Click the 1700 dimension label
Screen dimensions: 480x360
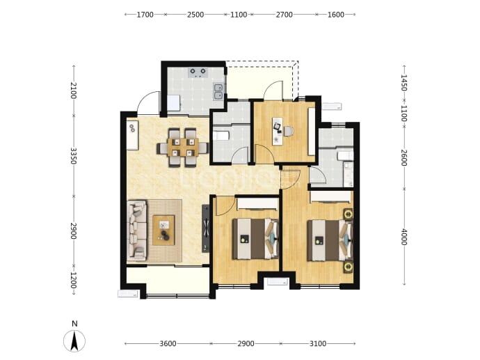click(145, 15)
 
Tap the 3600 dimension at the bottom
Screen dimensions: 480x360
click(168, 343)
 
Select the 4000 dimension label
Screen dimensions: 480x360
click(404, 237)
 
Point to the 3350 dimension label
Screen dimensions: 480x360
click(74, 156)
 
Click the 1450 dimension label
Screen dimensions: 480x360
click(404, 83)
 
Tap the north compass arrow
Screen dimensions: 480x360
click(74, 341)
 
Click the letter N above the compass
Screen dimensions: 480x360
click(74, 324)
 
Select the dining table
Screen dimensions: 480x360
click(183, 148)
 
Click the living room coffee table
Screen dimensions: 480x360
click(163, 230)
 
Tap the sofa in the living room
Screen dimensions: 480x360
click(137, 230)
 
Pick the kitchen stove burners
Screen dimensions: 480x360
click(198, 72)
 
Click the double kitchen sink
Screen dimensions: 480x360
click(218, 92)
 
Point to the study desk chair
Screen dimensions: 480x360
click(289, 132)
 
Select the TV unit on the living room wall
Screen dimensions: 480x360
click(206, 228)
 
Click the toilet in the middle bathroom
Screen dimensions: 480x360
click(221, 135)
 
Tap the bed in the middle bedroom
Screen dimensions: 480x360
click(255, 239)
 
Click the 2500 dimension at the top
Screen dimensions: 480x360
click(195, 15)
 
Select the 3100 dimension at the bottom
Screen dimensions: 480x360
click(318, 343)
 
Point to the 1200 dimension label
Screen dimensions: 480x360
click(74, 281)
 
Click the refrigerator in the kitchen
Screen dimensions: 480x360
click(174, 103)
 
